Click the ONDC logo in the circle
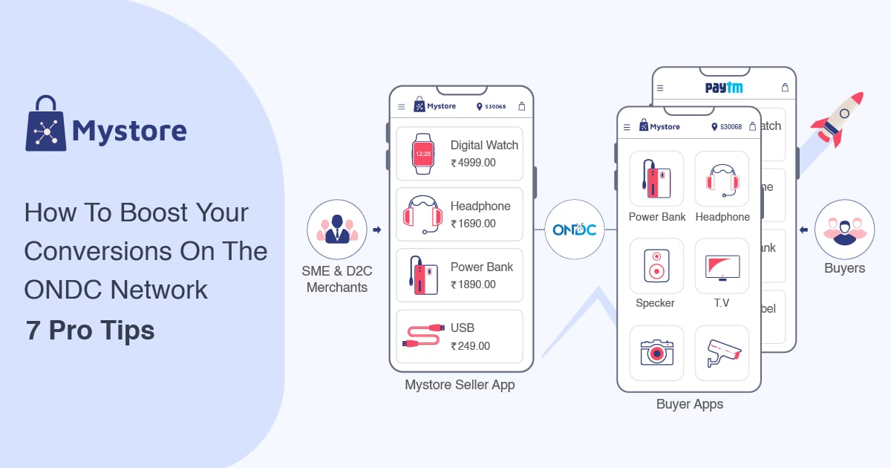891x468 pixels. [574, 230]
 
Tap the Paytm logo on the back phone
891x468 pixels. [724, 88]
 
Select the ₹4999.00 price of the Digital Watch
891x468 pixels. [473, 163]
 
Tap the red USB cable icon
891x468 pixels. [422, 337]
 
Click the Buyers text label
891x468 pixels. [844, 268]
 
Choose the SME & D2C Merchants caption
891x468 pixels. [337, 279]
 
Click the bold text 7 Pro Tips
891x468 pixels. [90, 331]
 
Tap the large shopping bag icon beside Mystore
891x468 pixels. [46, 123]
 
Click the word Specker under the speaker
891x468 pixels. [656, 303]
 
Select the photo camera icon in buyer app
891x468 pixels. [656, 352]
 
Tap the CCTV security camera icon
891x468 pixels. [722, 352]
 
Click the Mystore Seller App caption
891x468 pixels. [460, 385]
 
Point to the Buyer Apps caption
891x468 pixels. [690, 404]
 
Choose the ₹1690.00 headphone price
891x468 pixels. [473, 224]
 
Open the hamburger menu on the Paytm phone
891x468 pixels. [660, 88]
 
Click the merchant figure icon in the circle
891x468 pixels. [337, 230]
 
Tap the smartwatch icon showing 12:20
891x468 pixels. [422, 154]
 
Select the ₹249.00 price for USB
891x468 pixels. [470, 345]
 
